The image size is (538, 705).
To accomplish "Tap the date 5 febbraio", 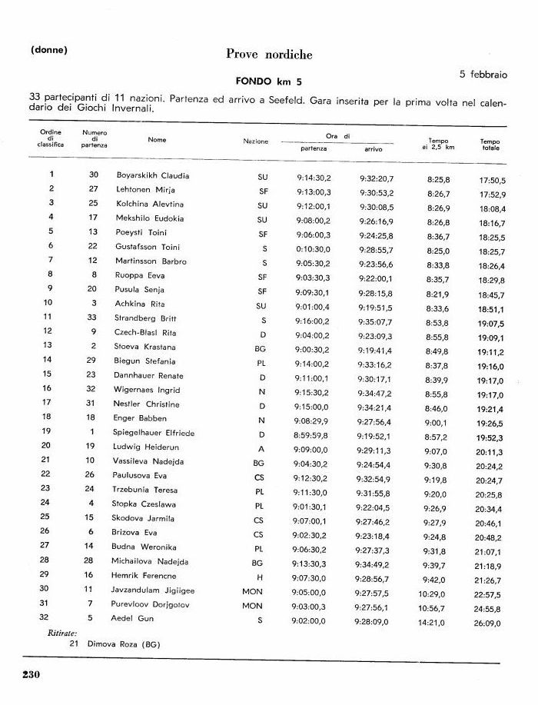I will pyautogui.click(x=483, y=74).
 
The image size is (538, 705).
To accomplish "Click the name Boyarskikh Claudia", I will pyautogui.click(x=152, y=175).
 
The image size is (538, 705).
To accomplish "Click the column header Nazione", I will pyautogui.click(x=256, y=141).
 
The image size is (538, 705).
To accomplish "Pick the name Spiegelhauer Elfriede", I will pyautogui.click(x=155, y=433).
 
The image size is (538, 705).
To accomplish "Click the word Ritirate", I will pyautogui.click(x=54, y=632).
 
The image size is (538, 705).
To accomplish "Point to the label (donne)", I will pyautogui.click(x=49, y=51).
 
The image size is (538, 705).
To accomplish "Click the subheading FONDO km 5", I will pyautogui.click(x=268, y=80).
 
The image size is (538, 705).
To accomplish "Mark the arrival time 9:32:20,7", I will pyautogui.click(x=376, y=178).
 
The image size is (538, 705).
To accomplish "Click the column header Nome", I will pyautogui.click(x=158, y=140).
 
